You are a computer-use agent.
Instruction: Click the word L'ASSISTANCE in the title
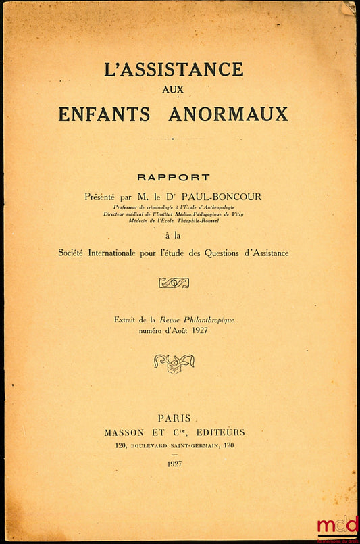pos(174,69)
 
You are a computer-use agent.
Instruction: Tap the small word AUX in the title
pos(174,89)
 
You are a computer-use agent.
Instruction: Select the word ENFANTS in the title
pos(104,114)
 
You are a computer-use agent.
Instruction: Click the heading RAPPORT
pos(174,178)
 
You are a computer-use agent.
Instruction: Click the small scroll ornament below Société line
pos(174,282)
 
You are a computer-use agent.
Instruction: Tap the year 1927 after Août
pos(198,330)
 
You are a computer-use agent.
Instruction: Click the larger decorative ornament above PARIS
pos(174,364)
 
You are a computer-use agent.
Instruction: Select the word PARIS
pos(174,418)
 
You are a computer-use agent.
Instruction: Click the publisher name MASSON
pos(125,432)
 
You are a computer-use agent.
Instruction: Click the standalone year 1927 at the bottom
pos(173,464)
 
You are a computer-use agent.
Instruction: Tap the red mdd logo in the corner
pos(338,525)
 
